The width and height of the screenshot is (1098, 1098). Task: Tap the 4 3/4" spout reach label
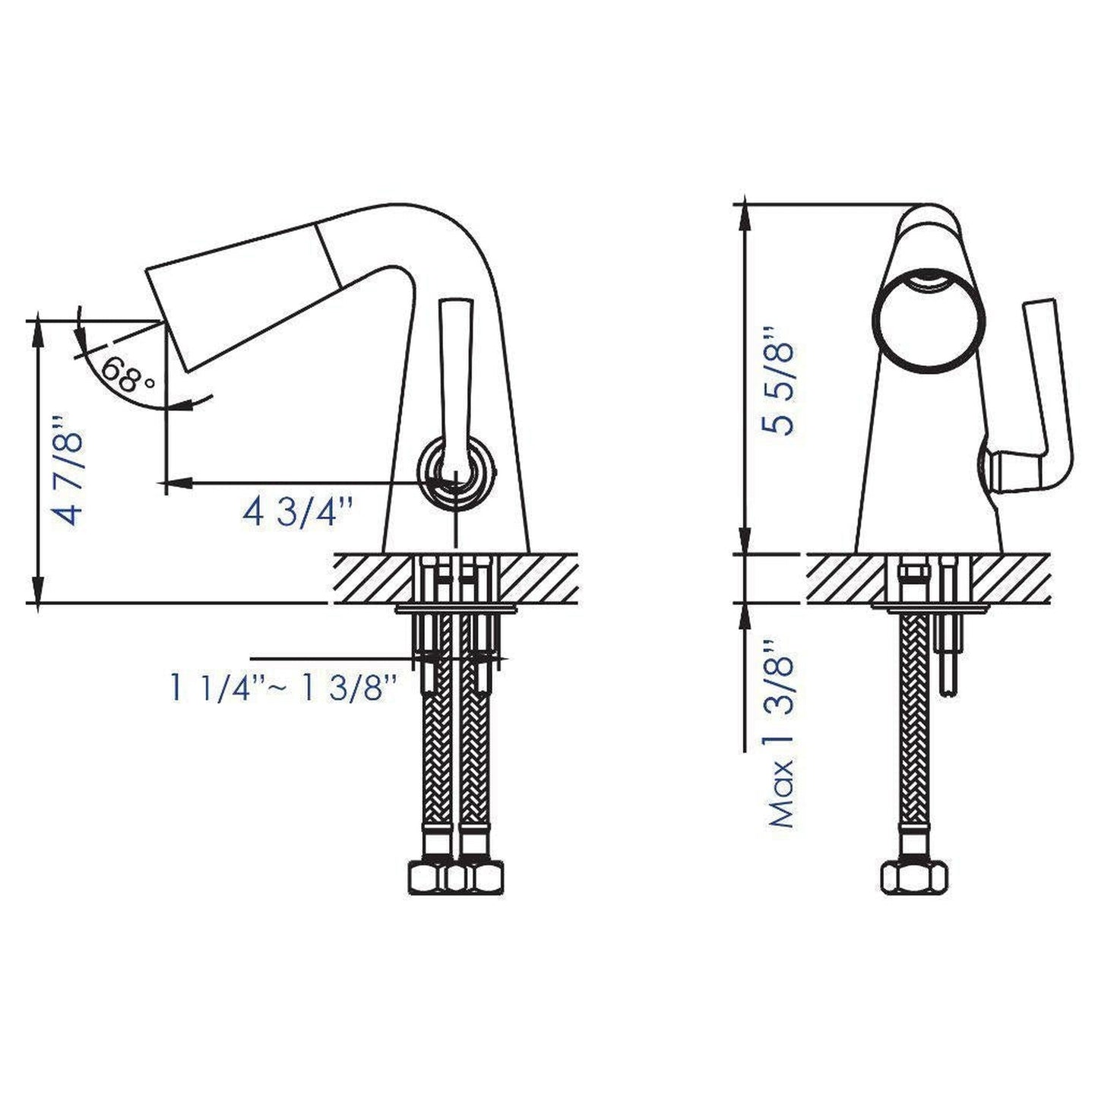299,511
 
